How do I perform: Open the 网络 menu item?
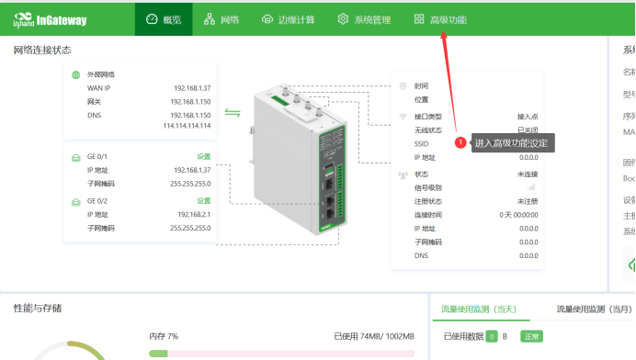point(221,19)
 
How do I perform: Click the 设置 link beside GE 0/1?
point(203,157)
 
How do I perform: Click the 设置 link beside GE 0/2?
point(203,200)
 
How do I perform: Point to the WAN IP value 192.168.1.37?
point(192,87)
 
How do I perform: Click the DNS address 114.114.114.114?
point(187,126)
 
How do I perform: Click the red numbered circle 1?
point(460,142)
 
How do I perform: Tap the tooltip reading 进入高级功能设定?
point(511,142)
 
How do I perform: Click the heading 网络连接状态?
point(42,50)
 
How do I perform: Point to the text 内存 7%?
point(164,337)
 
